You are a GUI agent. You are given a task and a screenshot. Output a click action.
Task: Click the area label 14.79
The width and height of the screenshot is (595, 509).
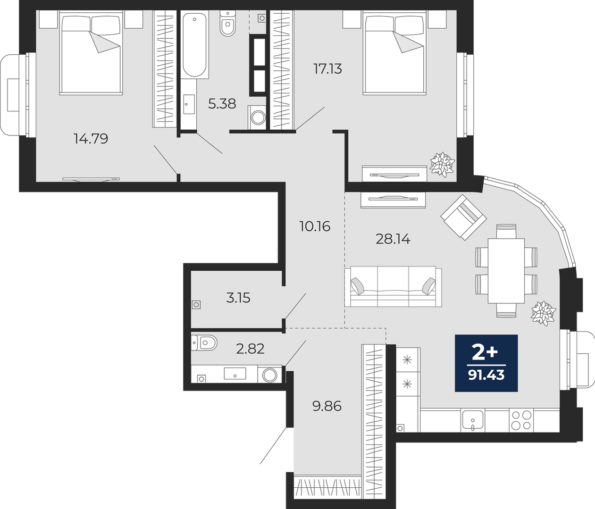pyautogui.click(x=91, y=139)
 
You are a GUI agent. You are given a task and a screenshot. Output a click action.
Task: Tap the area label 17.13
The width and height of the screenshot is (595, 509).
pyautogui.click(x=327, y=69)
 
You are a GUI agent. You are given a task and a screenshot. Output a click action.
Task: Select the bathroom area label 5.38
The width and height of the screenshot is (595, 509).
pyautogui.click(x=222, y=104)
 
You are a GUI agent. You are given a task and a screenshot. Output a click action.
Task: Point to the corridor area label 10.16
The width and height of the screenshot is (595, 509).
pyautogui.click(x=315, y=226)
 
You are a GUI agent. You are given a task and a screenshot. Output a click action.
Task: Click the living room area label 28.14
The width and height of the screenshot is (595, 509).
pyautogui.click(x=393, y=239)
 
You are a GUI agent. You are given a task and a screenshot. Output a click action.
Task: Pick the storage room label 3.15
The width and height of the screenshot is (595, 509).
pyautogui.click(x=238, y=298)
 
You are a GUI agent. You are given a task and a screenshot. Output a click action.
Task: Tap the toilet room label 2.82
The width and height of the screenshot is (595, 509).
pyautogui.click(x=250, y=349)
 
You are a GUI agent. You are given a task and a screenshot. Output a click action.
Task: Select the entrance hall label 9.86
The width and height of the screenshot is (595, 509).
pyautogui.click(x=327, y=406)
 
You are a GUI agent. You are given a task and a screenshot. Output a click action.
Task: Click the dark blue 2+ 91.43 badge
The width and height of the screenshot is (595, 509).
pyautogui.click(x=486, y=363)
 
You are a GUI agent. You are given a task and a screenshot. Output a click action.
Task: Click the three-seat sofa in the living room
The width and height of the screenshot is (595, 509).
pyautogui.click(x=393, y=286)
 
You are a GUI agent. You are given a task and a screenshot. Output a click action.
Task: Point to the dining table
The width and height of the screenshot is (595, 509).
pyautogui.click(x=506, y=271)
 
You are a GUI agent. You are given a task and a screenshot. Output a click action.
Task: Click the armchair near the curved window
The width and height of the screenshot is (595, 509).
pyautogui.click(x=463, y=217)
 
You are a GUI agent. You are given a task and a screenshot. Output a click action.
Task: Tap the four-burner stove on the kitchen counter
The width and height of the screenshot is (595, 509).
pyautogui.click(x=521, y=420)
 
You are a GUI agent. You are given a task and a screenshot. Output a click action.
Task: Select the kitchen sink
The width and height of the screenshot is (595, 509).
pyautogui.click(x=473, y=420)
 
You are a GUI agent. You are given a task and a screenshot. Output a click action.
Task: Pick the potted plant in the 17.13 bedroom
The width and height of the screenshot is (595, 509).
pyautogui.click(x=442, y=165)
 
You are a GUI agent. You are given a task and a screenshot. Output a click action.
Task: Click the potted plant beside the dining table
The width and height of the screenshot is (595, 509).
pyautogui.click(x=543, y=313)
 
